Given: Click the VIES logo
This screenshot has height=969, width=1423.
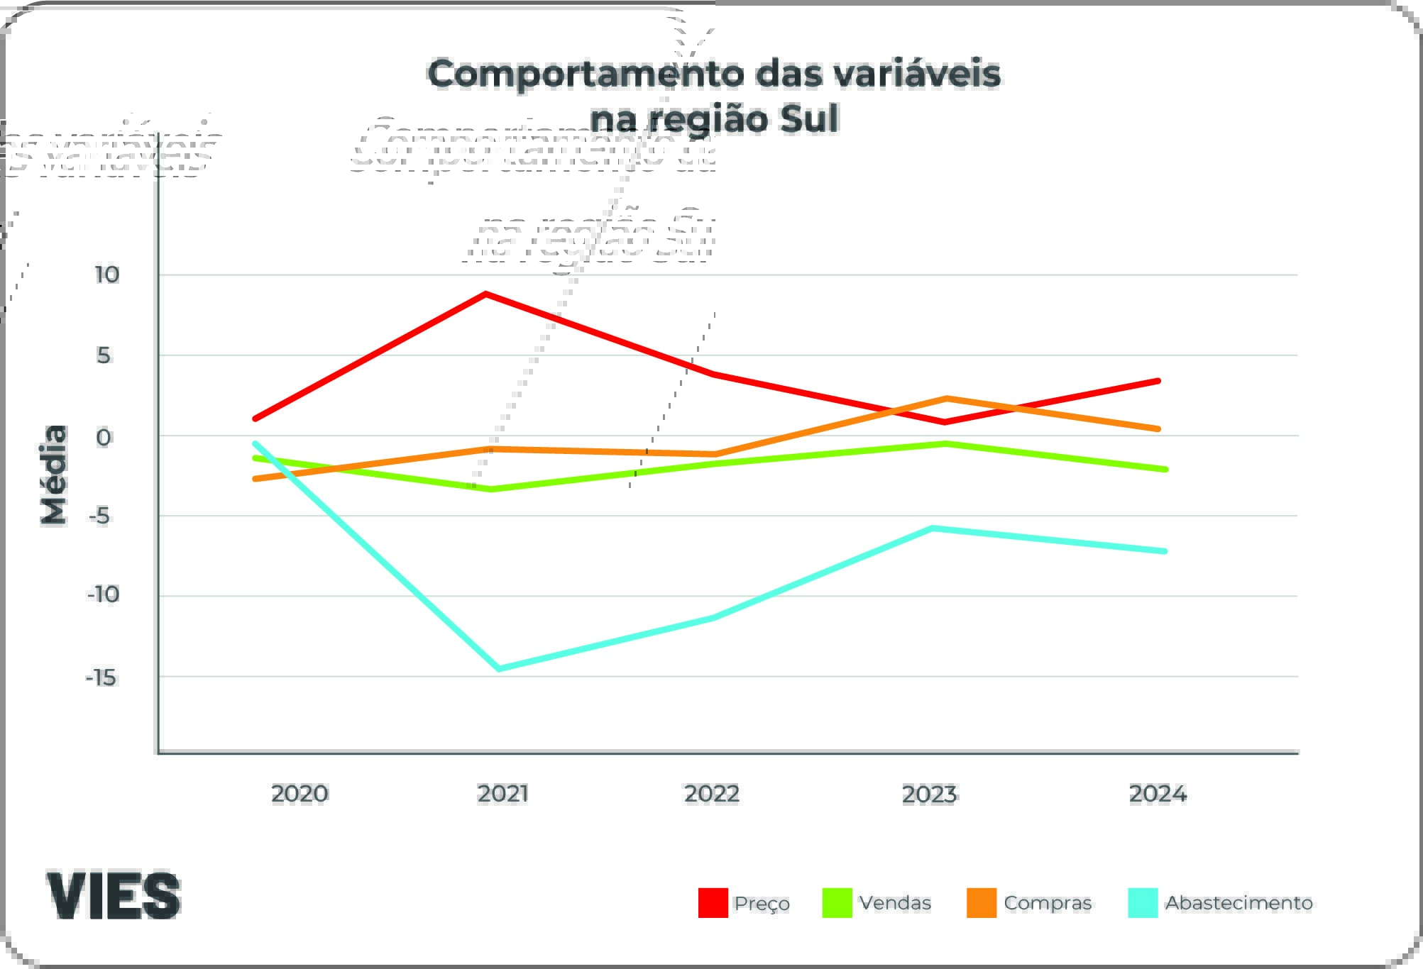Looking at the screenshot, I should [x=114, y=895].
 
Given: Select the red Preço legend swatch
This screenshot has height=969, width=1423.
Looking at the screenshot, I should [x=713, y=902].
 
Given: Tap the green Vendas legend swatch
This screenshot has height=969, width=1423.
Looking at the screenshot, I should [x=837, y=902].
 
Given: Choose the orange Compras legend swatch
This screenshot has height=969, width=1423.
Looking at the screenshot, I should [x=982, y=902].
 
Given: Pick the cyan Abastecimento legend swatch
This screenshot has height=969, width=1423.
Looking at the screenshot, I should [x=1143, y=902].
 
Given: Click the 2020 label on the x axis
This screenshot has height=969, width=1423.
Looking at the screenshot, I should [x=300, y=793].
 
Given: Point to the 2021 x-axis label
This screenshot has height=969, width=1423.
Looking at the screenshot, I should [x=502, y=793].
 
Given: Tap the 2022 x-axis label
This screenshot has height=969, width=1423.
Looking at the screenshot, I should [x=711, y=793].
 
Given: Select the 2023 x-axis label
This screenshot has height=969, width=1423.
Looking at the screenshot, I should [x=929, y=794].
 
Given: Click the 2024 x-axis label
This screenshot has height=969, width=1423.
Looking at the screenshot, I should [x=1158, y=793].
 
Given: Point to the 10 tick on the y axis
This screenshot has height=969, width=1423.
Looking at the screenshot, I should [x=107, y=275].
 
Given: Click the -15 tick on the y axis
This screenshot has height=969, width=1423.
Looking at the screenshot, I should [x=101, y=677].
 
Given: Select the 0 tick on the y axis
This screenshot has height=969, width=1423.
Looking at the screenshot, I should [x=104, y=437].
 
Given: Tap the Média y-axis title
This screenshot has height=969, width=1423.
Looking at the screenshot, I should [x=54, y=475].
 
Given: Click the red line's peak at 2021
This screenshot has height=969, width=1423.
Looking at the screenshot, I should [x=485, y=294].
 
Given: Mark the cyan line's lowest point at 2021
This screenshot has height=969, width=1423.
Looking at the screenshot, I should [x=499, y=668].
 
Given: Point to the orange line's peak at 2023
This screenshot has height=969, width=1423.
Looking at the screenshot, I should [x=947, y=399].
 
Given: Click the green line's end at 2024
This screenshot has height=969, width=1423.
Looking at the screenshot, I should [x=1165, y=469].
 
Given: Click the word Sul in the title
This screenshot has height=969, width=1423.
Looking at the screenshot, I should [x=809, y=118].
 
